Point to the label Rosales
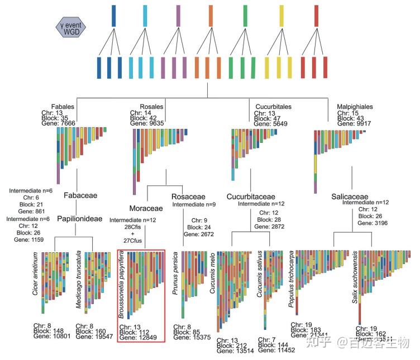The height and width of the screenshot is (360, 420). coord(152,107)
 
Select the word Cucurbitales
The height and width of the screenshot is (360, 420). coord(273,107)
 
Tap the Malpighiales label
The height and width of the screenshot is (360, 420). coord(356,107)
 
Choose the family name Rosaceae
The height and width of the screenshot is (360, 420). coord(189,196)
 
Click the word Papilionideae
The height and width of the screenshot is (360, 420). coord(80,219)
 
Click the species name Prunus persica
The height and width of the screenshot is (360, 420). coord(175,274)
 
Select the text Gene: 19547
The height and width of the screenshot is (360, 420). coord(94,337)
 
